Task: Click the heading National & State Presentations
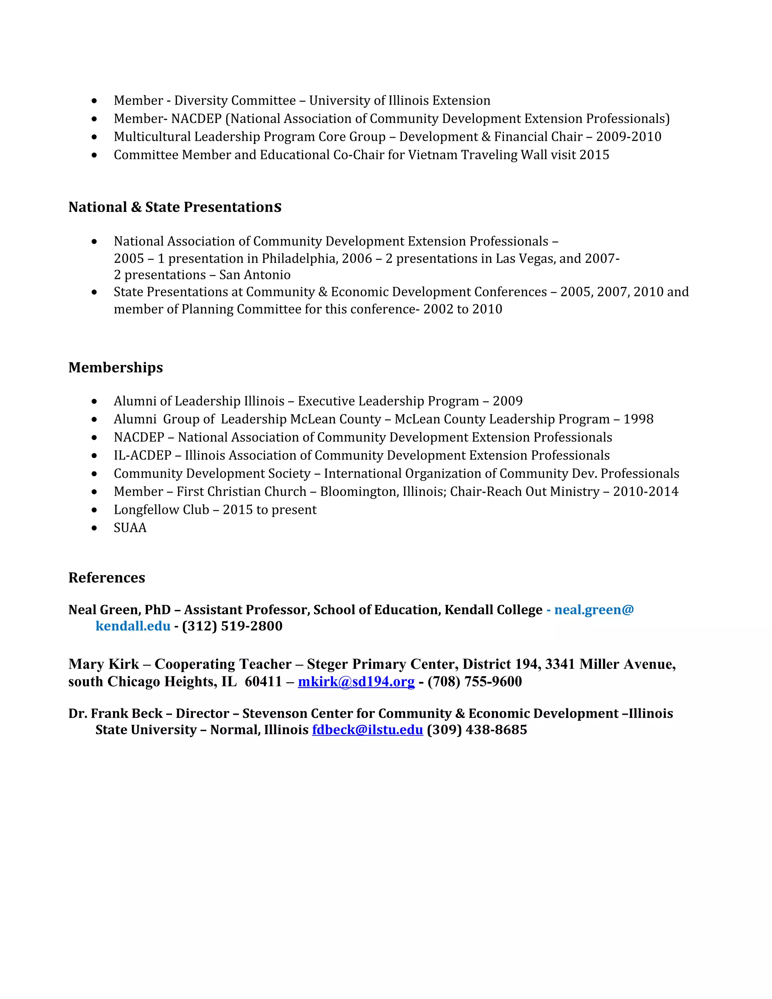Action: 175,207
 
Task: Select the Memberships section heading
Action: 115,367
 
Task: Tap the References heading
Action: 107,577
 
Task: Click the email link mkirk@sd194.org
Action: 356,682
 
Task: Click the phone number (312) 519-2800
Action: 232,626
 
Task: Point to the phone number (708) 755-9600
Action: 474,682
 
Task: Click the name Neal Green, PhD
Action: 119,610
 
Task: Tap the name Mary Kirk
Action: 103,664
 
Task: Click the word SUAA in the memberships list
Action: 130,528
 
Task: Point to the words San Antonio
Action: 255,275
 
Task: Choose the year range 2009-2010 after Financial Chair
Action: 628,137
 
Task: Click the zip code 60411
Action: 263,682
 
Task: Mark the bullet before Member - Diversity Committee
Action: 94,101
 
